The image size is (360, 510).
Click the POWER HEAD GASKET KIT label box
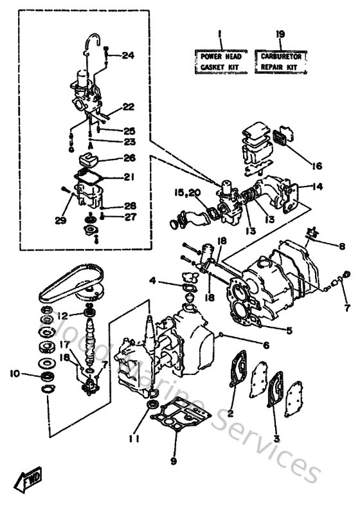click(x=219, y=61)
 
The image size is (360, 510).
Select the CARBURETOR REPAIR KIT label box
click(x=282, y=61)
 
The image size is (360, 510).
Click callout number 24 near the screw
click(x=127, y=55)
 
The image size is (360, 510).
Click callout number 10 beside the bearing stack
click(x=14, y=373)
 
